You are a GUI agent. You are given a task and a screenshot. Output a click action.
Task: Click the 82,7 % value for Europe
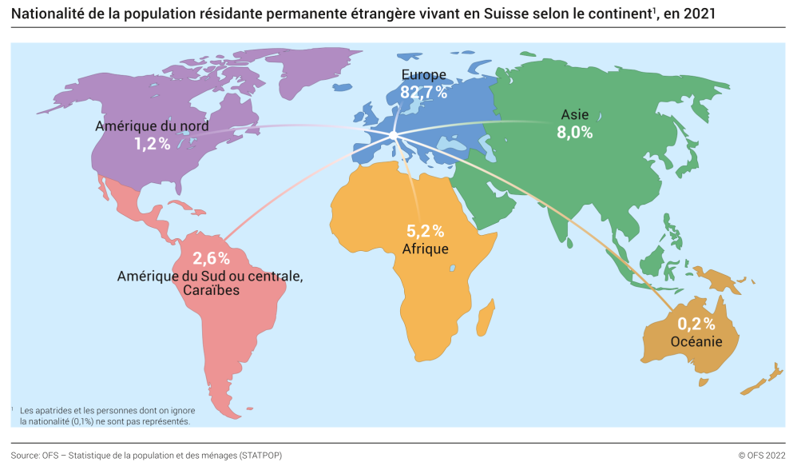(x=423, y=93)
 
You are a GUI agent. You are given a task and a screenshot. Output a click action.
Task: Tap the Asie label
(x=574, y=115)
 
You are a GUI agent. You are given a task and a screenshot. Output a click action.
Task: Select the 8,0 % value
(x=574, y=133)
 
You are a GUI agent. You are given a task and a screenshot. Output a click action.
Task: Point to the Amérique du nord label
(x=152, y=126)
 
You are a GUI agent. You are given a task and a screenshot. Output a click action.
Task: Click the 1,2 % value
(x=152, y=144)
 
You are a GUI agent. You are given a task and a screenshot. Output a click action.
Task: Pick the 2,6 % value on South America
(x=212, y=258)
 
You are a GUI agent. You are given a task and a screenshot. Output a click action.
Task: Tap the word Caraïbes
(x=211, y=291)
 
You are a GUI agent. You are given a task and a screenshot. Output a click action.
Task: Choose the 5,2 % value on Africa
(x=425, y=231)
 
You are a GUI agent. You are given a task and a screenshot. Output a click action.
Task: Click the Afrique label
(x=425, y=249)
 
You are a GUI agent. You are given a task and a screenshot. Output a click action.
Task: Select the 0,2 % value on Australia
(x=696, y=324)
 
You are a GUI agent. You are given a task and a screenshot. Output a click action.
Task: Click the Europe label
(x=423, y=75)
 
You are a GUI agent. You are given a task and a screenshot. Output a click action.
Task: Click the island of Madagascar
(x=483, y=321)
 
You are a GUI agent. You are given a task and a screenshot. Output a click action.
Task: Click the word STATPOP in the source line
(x=259, y=455)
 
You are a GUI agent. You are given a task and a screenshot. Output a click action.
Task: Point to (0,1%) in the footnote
(x=87, y=420)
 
